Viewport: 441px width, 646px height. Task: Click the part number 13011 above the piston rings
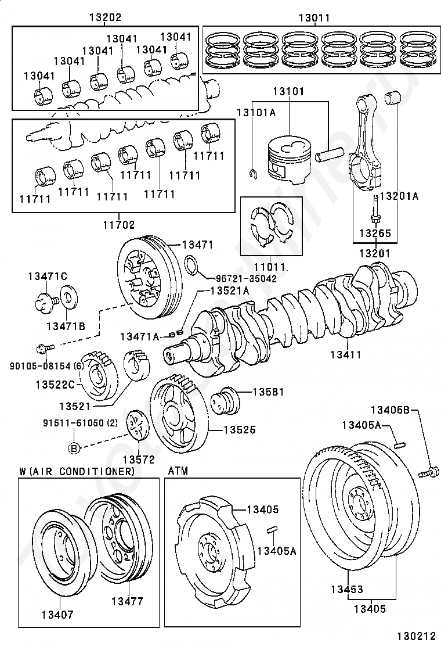pyautogui.click(x=315, y=18)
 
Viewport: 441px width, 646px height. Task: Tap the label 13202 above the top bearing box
pyautogui.click(x=106, y=17)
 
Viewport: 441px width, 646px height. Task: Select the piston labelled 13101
pyautogui.click(x=288, y=159)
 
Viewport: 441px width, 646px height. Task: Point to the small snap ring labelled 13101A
pyautogui.click(x=254, y=174)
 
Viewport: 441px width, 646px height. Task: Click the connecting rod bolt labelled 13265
pyautogui.click(x=375, y=210)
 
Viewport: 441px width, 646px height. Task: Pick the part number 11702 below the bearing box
pyautogui.click(x=119, y=225)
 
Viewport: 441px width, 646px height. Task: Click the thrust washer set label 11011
pyautogui.click(x=270, y=267)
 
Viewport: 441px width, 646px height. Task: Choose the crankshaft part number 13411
pyautogui.click(x=346, y=354)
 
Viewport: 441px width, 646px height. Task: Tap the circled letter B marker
pyautogui.click(x=74, y=448)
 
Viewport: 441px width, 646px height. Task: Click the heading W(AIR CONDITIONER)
pyautogui.click(x=77, y=471)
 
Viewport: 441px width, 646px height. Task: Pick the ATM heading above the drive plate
pyautogui.click(x=178, y=471)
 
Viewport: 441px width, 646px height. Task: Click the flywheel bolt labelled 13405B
pyautogui.click(x=430, y=472)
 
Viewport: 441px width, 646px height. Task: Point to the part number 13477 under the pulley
pyautogui.click(x=127, y=601)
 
